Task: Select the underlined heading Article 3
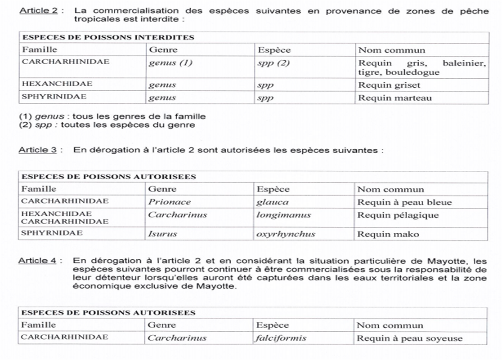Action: [x=37, y=150]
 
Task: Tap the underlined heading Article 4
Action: [x=37, y=261]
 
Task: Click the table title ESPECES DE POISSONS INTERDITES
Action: [x=108, y=37]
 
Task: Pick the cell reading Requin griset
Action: [x=389, y=84]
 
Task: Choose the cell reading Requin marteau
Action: [x=394, y=98]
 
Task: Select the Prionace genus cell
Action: [x=170, y=202]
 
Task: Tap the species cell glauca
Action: [x=273, y=202]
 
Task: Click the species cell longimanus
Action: [x=284, y=215]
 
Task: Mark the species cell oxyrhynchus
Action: [x=286, y=234]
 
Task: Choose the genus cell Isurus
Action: [x=163, y=234]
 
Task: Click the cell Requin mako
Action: [x=388, y=234]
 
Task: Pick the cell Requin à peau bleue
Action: [x=404, y=202]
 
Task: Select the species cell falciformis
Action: [x=281, y=338]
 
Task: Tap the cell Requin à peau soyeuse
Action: [x=410, y=338]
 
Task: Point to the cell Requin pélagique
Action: [x=398, y=215]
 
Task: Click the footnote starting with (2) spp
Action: [x=107, y=124]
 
